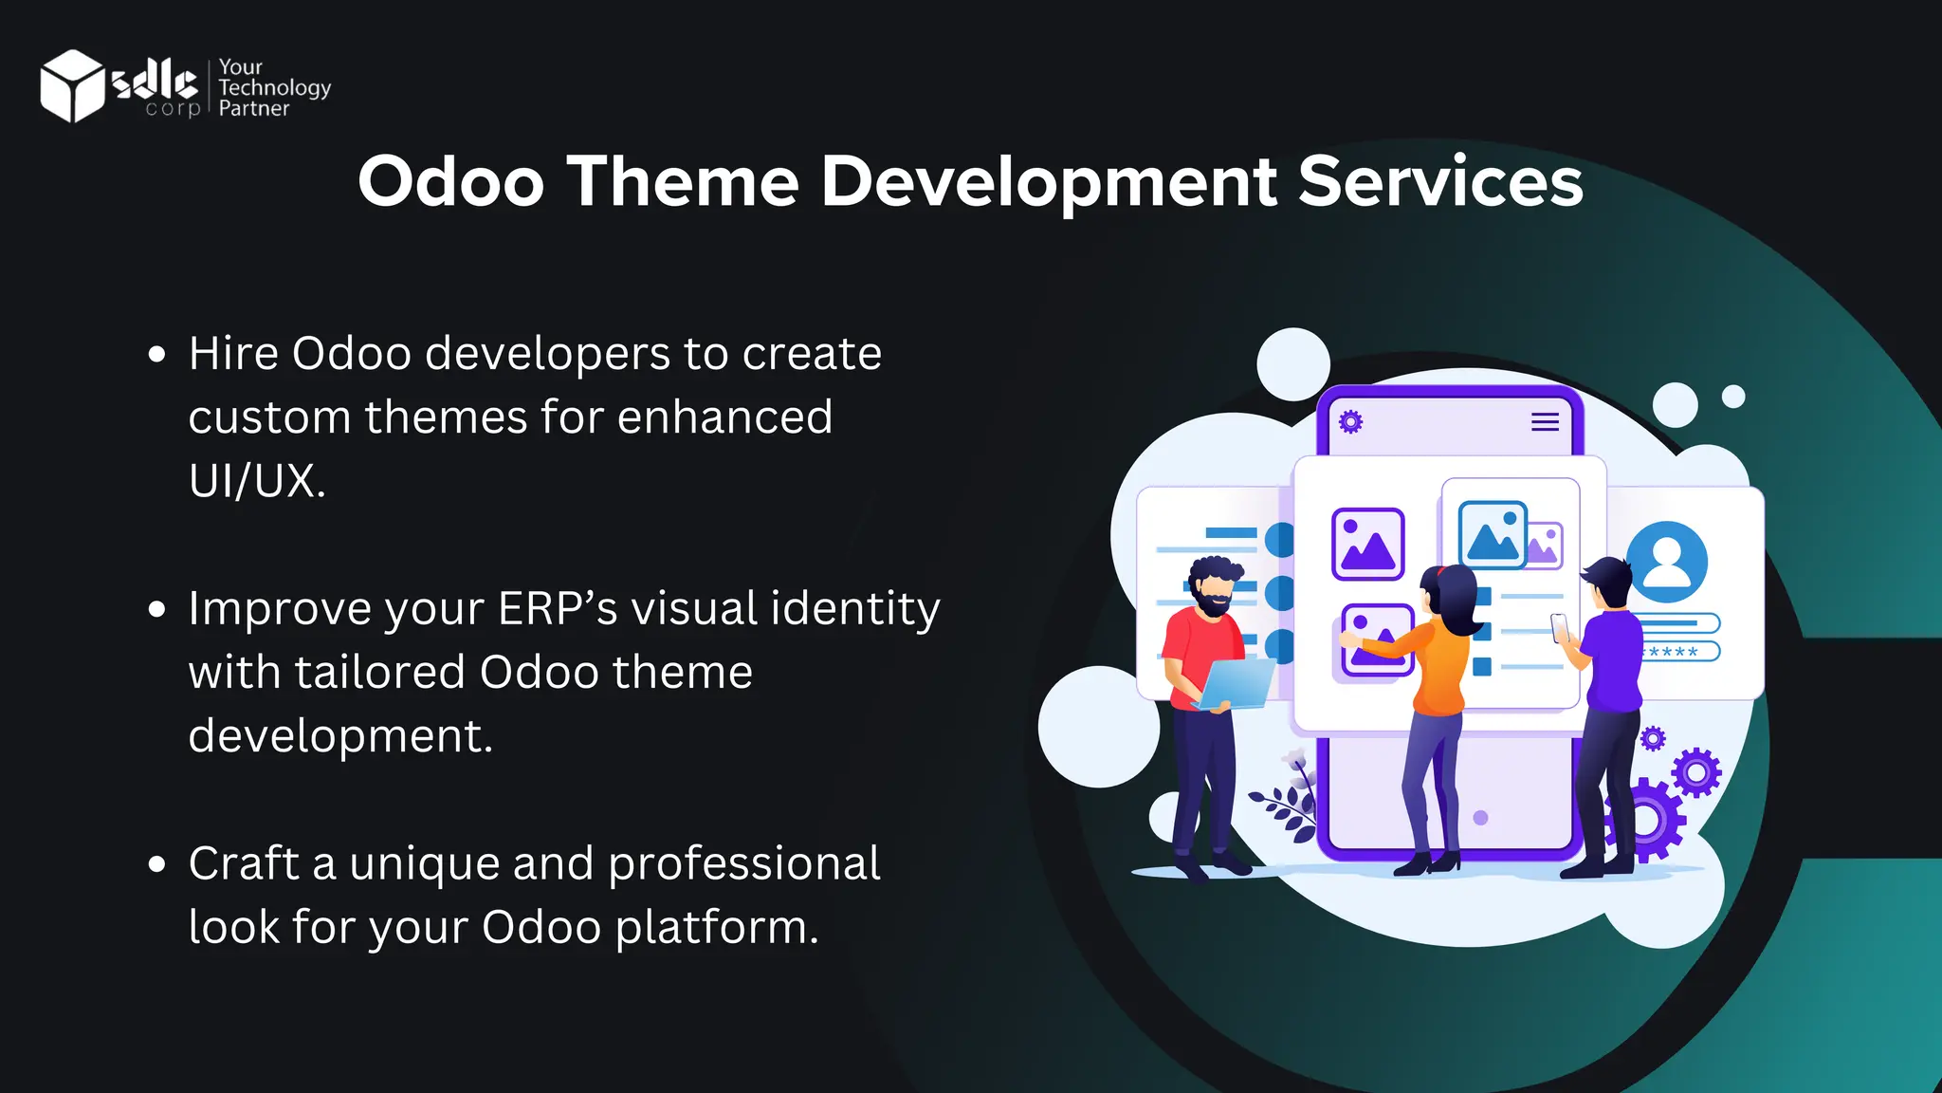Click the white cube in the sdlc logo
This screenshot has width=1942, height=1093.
tap(72, 86)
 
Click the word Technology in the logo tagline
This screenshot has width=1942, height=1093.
tap(274, 88)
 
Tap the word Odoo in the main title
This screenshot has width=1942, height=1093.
tap(451, 181)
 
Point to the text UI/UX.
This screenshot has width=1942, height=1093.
tap(256, 481)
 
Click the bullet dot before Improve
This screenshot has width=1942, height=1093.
tap(157, 609)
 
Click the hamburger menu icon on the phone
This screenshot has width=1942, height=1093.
tap(1545, 422)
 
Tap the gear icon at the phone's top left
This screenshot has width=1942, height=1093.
tap(1350, 421)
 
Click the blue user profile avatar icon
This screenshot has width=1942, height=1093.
tap(1666, 562)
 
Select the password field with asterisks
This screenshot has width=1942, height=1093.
tap(1678, 652)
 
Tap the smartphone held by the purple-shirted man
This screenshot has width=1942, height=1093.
tap(1559, 626)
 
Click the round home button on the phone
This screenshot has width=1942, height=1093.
tap(1480, 817)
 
